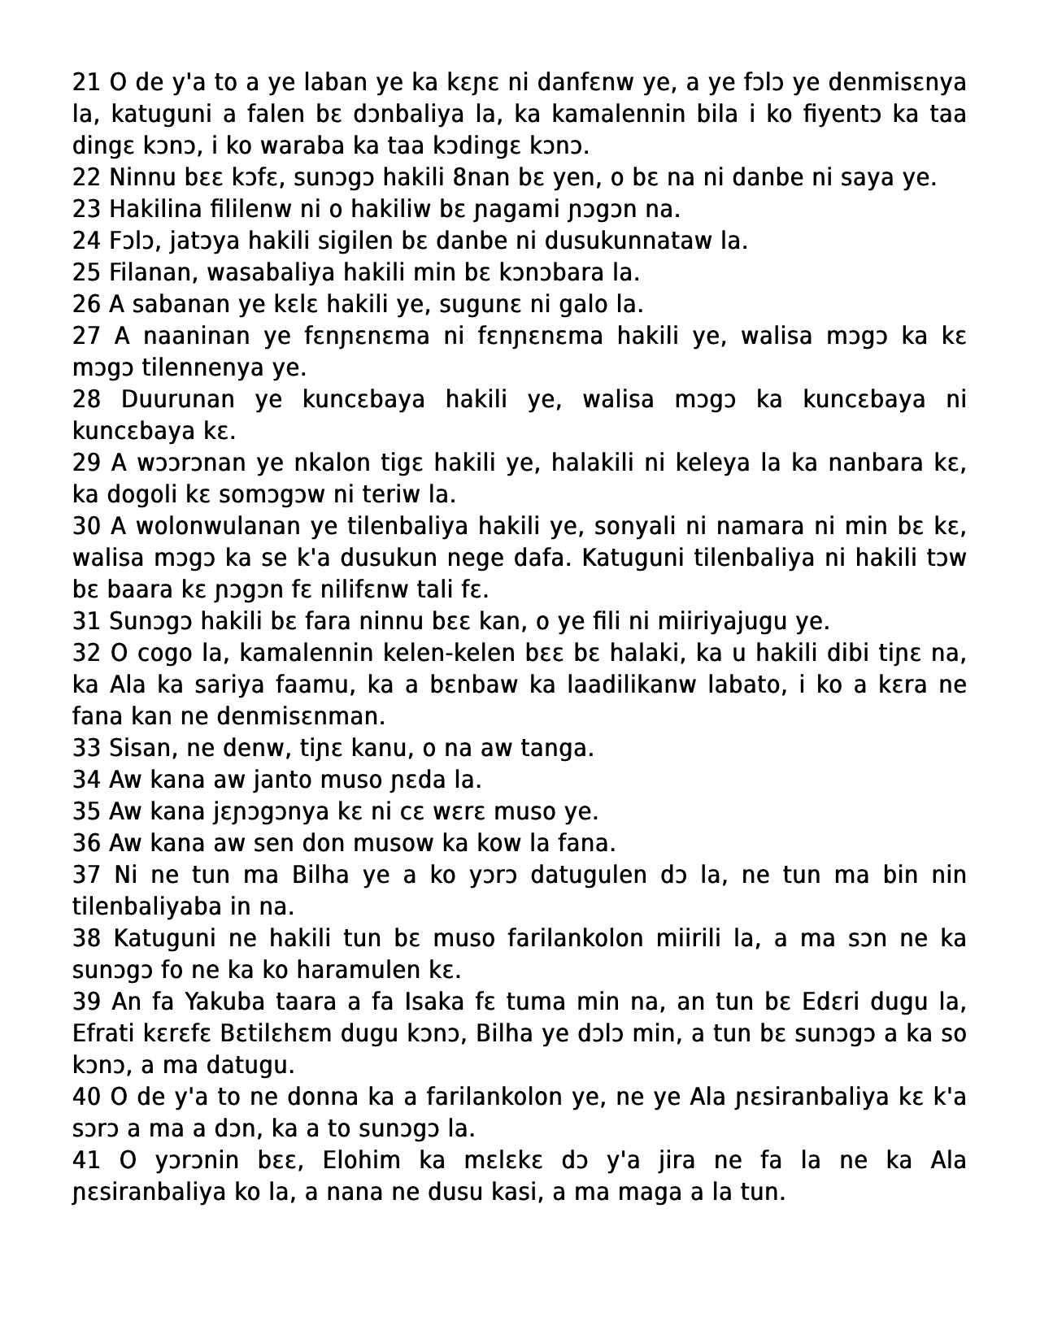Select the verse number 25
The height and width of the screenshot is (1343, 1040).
pyautogui.click(x=86, y=272)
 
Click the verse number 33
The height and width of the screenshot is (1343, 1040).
pyautogui.click(x=86, y=748)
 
